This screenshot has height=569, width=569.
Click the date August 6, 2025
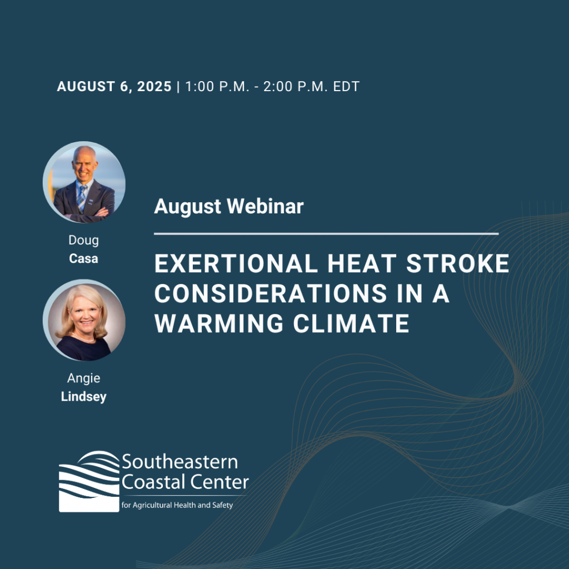pos(114,87)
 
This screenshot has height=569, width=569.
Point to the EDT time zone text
pos(346,87)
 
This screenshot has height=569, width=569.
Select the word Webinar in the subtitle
pos(265,207)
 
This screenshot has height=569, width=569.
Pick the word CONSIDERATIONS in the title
pos(271,293)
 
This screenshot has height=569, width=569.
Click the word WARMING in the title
pos(219,323)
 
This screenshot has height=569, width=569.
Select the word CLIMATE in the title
pos(351,323)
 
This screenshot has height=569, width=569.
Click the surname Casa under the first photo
pos(83,259)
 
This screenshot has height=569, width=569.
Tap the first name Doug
pos(83,240)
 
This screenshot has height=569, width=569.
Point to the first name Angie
pos(83,378)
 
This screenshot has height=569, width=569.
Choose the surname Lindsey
pos(83,397)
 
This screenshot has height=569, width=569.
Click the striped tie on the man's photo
pos(82,198)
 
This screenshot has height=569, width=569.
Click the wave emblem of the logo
pos(89,482)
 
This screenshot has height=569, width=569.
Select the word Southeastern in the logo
pos(179,462)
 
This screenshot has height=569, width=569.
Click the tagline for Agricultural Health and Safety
pos(177,505)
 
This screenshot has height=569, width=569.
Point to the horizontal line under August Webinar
pos(326,234)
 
